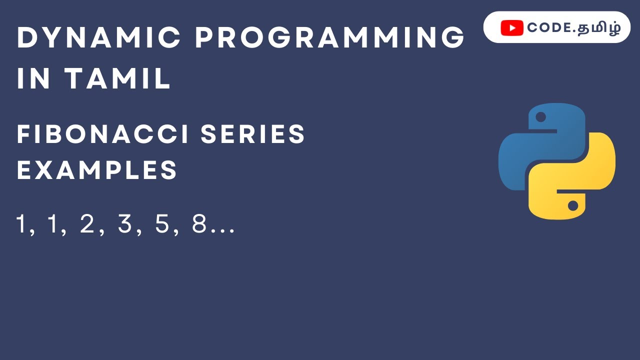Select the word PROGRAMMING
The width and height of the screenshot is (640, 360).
coord(330,38)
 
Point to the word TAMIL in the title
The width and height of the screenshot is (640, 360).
coord(118,79)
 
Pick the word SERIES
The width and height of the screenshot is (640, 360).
coord(253,134)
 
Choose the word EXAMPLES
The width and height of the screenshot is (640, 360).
coord(97,170)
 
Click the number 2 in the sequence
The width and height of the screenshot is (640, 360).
coord(87,224)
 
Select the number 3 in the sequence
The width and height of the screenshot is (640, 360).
coord(124,224)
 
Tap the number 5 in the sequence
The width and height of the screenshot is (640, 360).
coord(162,224)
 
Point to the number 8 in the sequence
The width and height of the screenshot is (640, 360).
coord(199,224)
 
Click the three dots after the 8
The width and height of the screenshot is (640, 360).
coord(222,231)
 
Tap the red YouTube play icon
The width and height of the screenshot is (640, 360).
coord(512,28)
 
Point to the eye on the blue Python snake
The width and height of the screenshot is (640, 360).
coord(540,117)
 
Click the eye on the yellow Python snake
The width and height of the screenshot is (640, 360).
coord(573,205)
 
